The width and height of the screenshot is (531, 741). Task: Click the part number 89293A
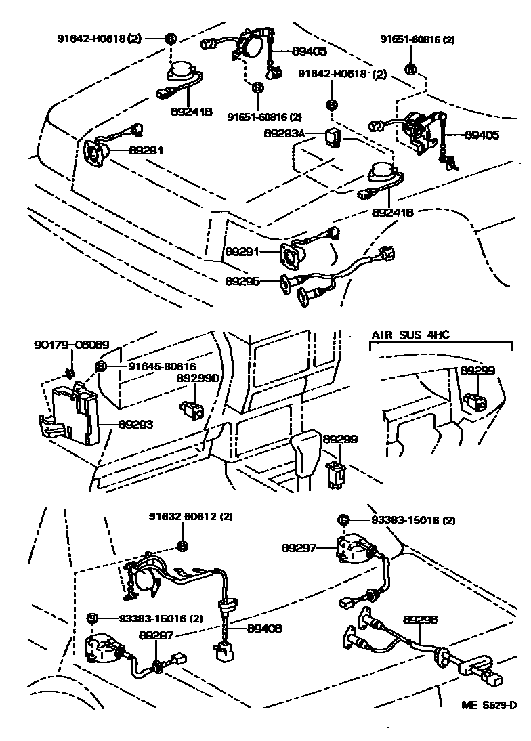click(x=284, y=135)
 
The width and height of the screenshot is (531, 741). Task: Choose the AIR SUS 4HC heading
click(x=410, y=335)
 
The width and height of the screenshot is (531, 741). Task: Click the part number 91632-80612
click(x=191, y=517)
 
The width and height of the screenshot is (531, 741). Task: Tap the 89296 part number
click(x=423, y=619)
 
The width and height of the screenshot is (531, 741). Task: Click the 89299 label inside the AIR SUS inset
click(x=478, y=370)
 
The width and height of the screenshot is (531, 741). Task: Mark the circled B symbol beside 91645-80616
click(x=100, y=366)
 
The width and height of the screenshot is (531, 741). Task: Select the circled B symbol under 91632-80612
click(x=182, y=546)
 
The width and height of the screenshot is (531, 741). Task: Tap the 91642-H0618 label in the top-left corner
click(x=99, y=39)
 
